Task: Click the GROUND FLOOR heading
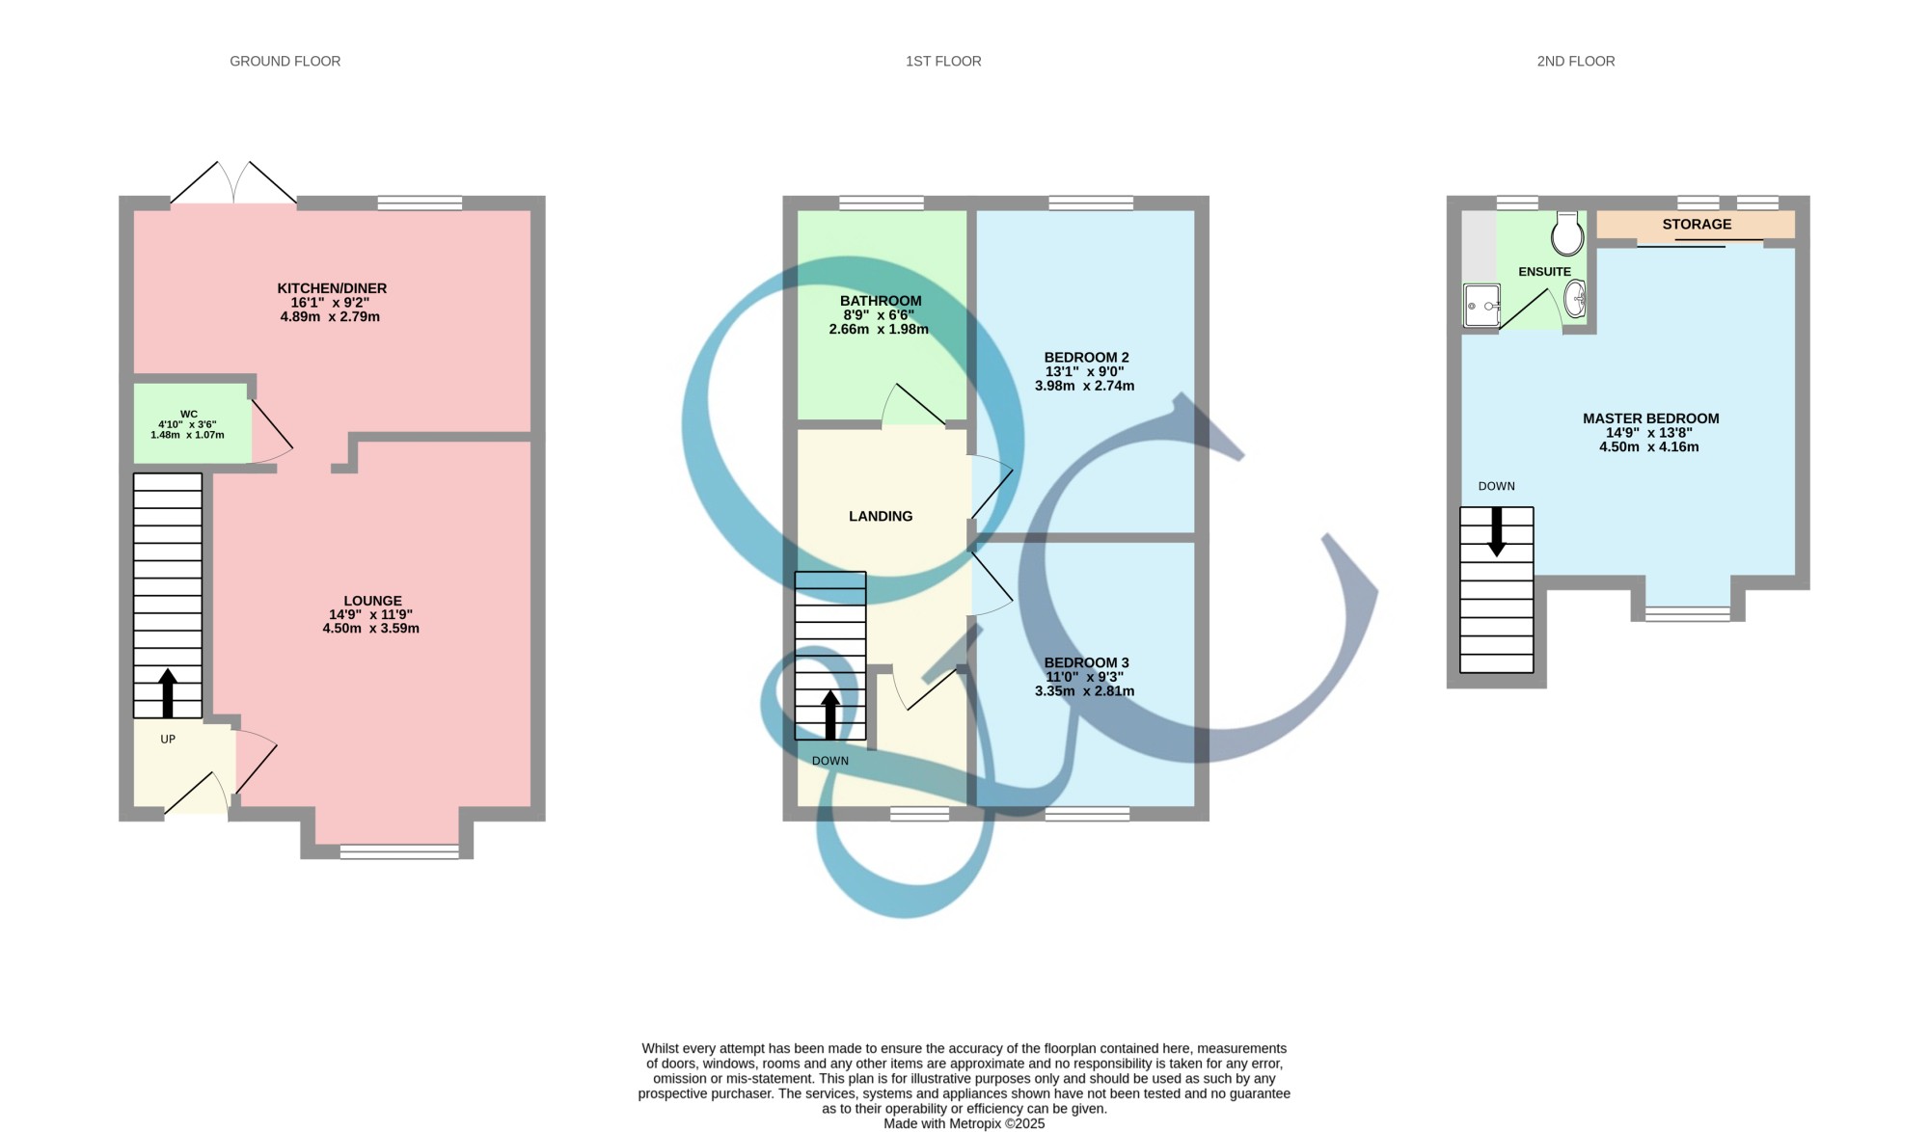point(285,61)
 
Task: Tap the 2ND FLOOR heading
point(1575,61)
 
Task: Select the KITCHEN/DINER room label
point(332,288)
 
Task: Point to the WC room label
point(188,415)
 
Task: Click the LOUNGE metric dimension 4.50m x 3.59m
point(371,629)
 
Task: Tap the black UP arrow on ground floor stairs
point(168,692)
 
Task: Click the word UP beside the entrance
point(168,740)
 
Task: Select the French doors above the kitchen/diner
point(234,182)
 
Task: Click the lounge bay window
point(399,851)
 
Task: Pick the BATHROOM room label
point(881,301)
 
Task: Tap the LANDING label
point(881,517)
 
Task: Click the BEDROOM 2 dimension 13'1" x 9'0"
point(1085,371)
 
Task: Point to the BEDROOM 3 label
point(1086,662)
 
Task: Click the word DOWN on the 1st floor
point(830,761)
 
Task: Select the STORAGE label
point(1697,225)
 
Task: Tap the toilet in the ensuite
point(1568,233)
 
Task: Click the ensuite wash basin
point(1575,298)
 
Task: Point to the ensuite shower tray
point(1482,306)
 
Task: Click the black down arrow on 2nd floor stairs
point(1497,531)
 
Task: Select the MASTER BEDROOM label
point(1650,418)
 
